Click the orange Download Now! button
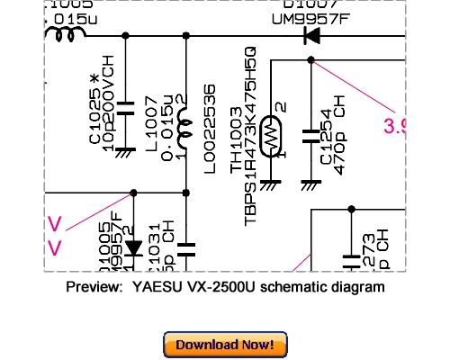(x=225, y=345)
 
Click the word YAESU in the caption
(x=153, y=288)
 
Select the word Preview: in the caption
(x=94, y=288)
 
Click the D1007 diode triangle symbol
(x=312, y=36)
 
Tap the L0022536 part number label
(x=210, y=123)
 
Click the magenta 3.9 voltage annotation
(x=396, y=127)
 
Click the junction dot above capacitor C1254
(x=310, y=60)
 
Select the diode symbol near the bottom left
(x=133, y=247)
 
